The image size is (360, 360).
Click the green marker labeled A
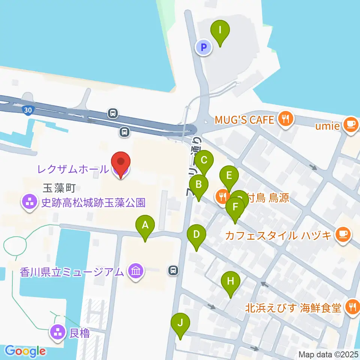coord(145,225)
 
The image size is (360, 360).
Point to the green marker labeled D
coord(196,235)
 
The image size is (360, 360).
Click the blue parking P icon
coord(204,48)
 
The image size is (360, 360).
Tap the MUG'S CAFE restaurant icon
coord(286,120)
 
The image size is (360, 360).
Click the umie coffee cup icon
coord(351,125)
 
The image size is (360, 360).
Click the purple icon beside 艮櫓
coord(58,333)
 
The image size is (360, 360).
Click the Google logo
coord(25,351)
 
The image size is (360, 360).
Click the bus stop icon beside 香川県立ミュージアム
coord(173,270)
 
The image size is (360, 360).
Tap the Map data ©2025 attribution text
coord(328,354)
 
